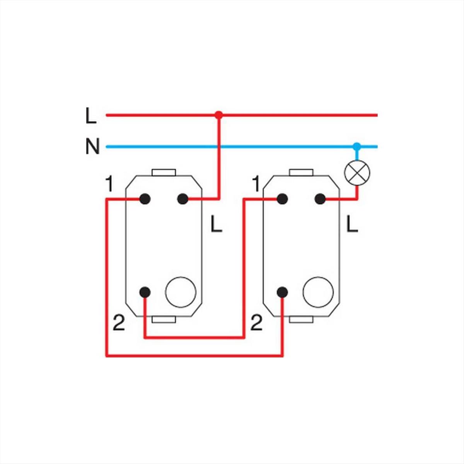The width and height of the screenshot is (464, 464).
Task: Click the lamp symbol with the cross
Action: pyautogui.click(x=357, y=172)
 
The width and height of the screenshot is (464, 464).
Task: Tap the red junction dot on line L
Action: pyautogui.click(x=219, y=115)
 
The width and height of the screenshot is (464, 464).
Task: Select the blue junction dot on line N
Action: pyautogui.click(x=357, y=147)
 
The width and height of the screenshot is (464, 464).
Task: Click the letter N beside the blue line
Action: pyautogui.click(x=92, y=147)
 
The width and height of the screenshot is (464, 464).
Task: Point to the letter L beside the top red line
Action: pyautogui.click(x=91, y=116)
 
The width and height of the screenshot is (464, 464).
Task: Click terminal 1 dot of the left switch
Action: pyautogui.click(x=145, y=199)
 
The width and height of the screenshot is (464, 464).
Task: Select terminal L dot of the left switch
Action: pyautogui.click(x=182, y=199)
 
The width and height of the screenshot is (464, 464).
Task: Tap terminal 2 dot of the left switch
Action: pyautogui.click(x=145, y=292)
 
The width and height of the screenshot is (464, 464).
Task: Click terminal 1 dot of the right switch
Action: pyautogui.click(x=282, y=199)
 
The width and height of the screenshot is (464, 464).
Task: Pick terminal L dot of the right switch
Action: pyautogui.click(x=319, y=199)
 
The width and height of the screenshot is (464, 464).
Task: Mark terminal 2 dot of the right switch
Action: pyautogui.click(x=282, y=292)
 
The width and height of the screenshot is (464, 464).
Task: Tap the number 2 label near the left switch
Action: pyautogui.click(x=119, y=323)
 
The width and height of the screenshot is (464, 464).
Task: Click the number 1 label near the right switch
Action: pyautogui.click(x=256, y=184)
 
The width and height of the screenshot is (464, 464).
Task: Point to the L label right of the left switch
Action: pyautogui.click(x=216, y=224)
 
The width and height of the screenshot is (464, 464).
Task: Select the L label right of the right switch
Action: pyautogui.click(x=352, y=224)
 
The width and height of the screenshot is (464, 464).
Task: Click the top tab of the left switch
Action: pyautogui.click(x=164, y=172)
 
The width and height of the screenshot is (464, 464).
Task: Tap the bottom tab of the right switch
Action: pyautogui.click(x=301, y=319)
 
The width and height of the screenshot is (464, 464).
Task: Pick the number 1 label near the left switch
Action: pyautogui.click(x=109, y=185)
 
